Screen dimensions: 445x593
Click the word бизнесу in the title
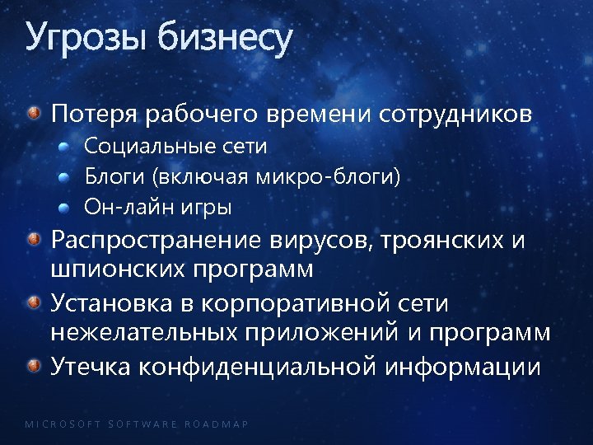pyautogui.click(x=225, y=38)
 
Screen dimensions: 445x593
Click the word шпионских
pyautogui.click(x=119, y=269)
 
